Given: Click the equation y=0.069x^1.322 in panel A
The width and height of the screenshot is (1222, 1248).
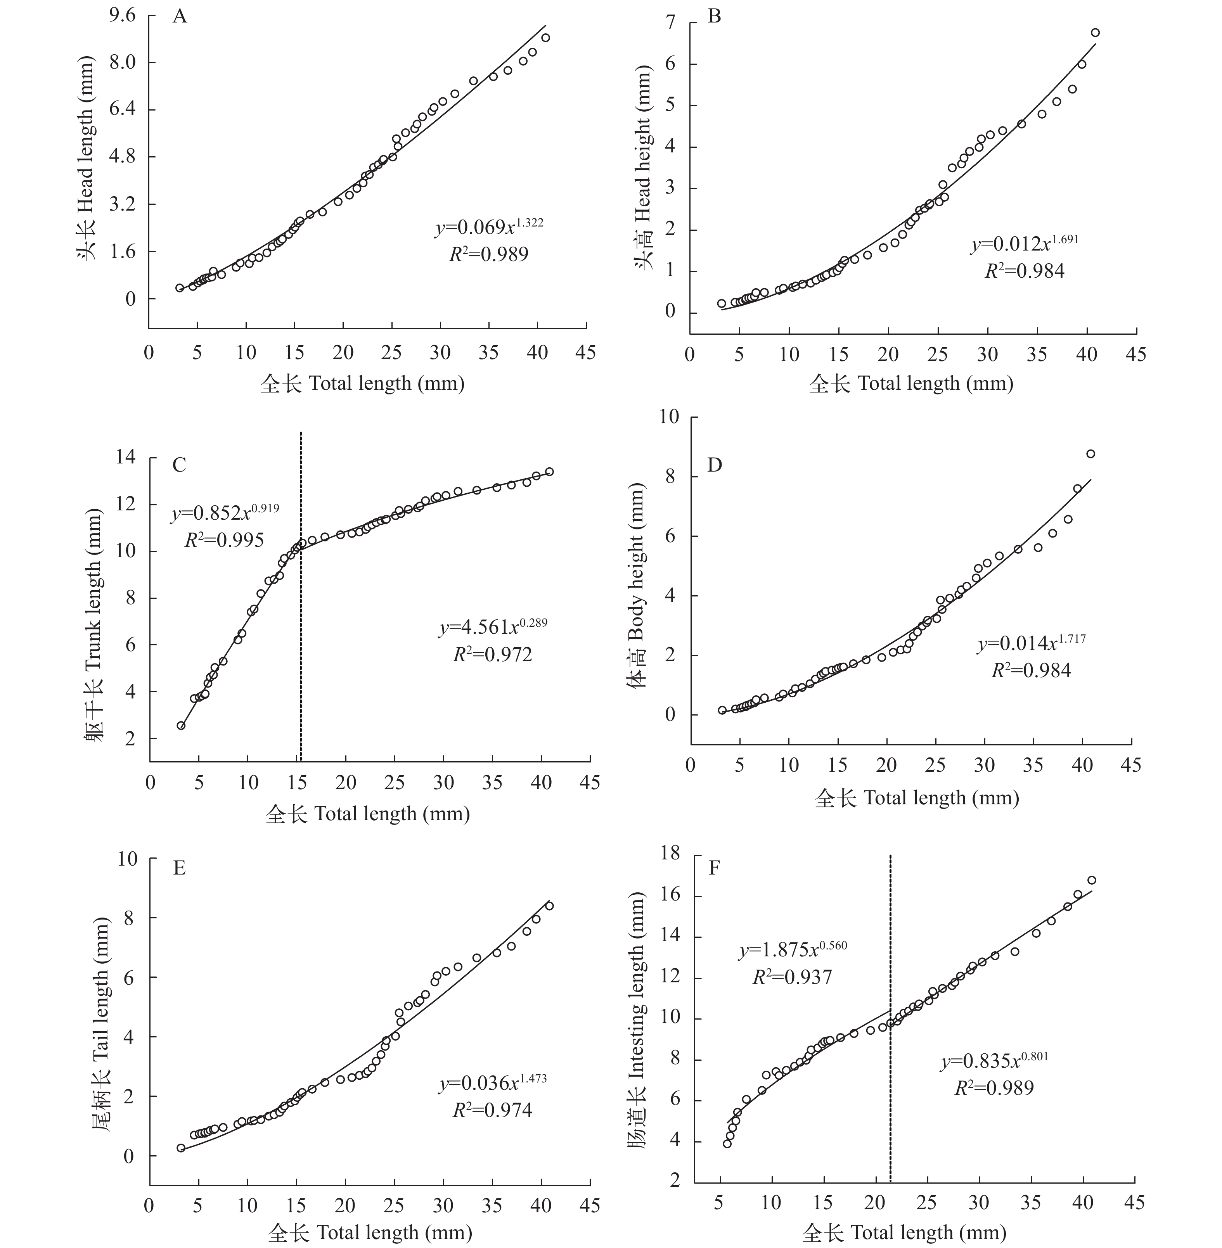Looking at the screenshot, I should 489,226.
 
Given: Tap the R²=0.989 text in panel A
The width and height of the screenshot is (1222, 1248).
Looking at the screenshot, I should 489,255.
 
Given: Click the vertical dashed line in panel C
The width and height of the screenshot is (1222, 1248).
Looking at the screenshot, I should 300,597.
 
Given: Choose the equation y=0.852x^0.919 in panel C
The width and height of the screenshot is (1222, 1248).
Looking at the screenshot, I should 225,513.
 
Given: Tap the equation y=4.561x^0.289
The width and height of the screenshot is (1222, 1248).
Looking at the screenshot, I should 493,626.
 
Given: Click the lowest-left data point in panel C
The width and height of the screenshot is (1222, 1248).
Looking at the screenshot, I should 181,726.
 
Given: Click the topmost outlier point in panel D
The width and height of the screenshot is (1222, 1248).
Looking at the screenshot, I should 1090,454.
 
